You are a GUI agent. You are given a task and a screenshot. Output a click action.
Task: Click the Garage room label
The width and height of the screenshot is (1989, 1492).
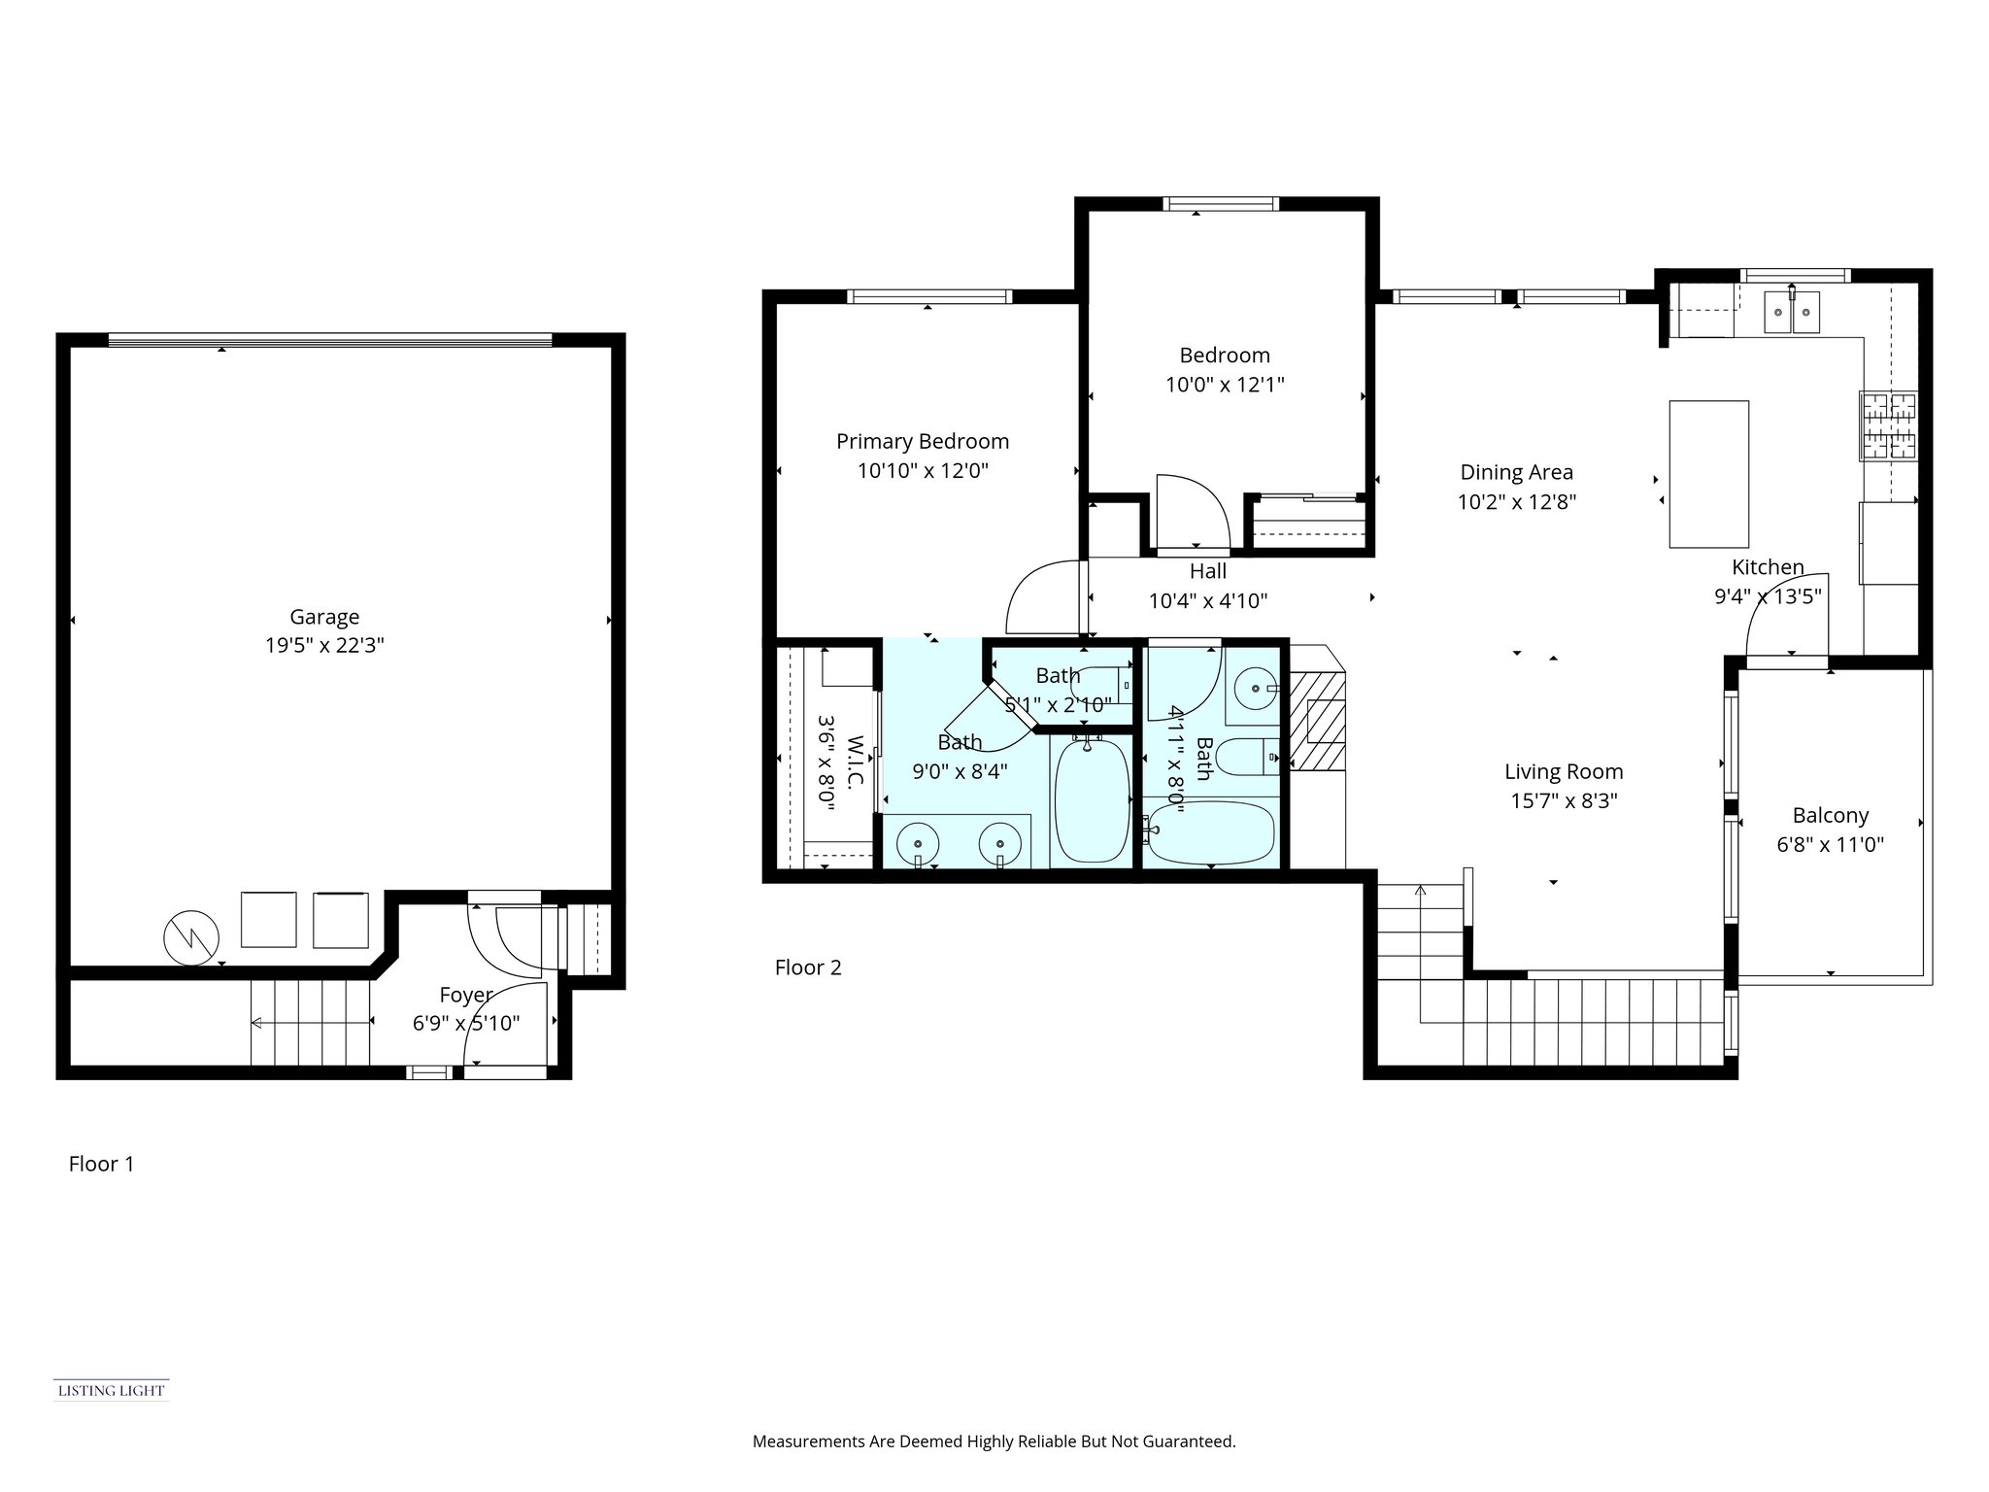point(324,617)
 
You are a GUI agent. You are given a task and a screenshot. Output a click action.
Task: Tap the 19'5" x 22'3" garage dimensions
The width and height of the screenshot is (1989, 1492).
point(324,646)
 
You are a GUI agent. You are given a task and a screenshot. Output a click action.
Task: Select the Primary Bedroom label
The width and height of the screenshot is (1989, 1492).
point(923,442)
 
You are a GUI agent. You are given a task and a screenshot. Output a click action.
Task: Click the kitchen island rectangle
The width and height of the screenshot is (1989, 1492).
point(1708,474)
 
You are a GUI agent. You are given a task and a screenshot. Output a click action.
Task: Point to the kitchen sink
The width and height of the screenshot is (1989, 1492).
point(1791,313)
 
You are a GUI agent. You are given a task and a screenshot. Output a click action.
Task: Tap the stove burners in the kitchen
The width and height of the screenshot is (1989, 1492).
point(1889,424)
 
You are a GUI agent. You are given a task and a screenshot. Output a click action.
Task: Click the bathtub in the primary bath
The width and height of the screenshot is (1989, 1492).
point(1092,801)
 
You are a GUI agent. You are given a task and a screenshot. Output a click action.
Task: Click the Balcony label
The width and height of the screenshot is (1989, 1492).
point(1830,816)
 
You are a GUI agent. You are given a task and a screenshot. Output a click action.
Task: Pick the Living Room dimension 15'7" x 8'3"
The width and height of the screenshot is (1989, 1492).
point(1564,801)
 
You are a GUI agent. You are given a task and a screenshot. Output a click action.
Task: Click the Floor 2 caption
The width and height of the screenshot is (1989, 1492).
point(808,967)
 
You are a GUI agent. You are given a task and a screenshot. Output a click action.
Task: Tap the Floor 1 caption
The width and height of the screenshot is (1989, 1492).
point(101,1164)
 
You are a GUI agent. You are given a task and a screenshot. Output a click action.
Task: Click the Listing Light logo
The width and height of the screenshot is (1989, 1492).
point(111,1390)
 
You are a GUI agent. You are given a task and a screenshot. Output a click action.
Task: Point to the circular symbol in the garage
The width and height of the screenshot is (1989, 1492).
point(191,937)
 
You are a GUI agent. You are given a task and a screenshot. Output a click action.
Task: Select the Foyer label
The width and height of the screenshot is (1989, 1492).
point(465,995)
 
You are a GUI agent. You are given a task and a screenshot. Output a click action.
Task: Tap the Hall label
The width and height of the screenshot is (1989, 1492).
point(1207,571)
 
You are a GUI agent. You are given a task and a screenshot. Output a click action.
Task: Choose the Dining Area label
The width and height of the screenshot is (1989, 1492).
point(1516,473)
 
